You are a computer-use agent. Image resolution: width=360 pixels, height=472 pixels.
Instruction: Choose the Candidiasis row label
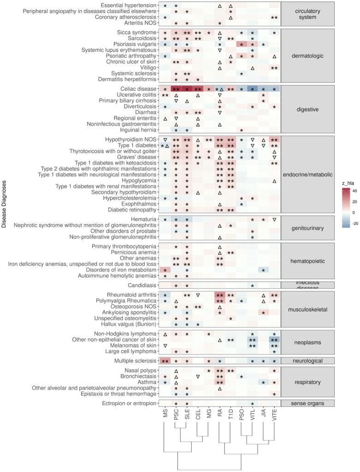point(142,285)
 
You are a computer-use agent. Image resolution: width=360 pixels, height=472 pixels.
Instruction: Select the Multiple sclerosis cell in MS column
point(165,361)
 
